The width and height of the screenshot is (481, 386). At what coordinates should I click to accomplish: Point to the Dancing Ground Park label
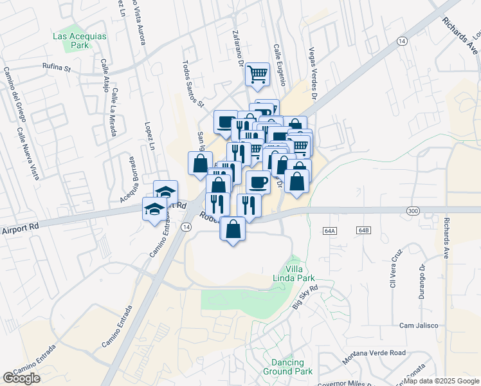coord(287,367)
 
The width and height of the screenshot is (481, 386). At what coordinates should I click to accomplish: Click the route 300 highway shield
coord(413,210)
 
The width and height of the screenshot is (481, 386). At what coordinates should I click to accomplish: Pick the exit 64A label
coord(331,230)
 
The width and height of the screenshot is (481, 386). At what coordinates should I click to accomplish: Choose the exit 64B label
coord(364,230)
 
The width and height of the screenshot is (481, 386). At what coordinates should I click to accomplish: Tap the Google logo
coord(21,378)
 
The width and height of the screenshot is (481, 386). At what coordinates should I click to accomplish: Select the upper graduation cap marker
coord(165,192)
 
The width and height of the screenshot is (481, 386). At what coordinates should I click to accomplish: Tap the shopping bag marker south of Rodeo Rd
coord(233,229)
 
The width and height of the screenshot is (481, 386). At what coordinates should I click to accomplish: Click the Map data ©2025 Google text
coord(441,381)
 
